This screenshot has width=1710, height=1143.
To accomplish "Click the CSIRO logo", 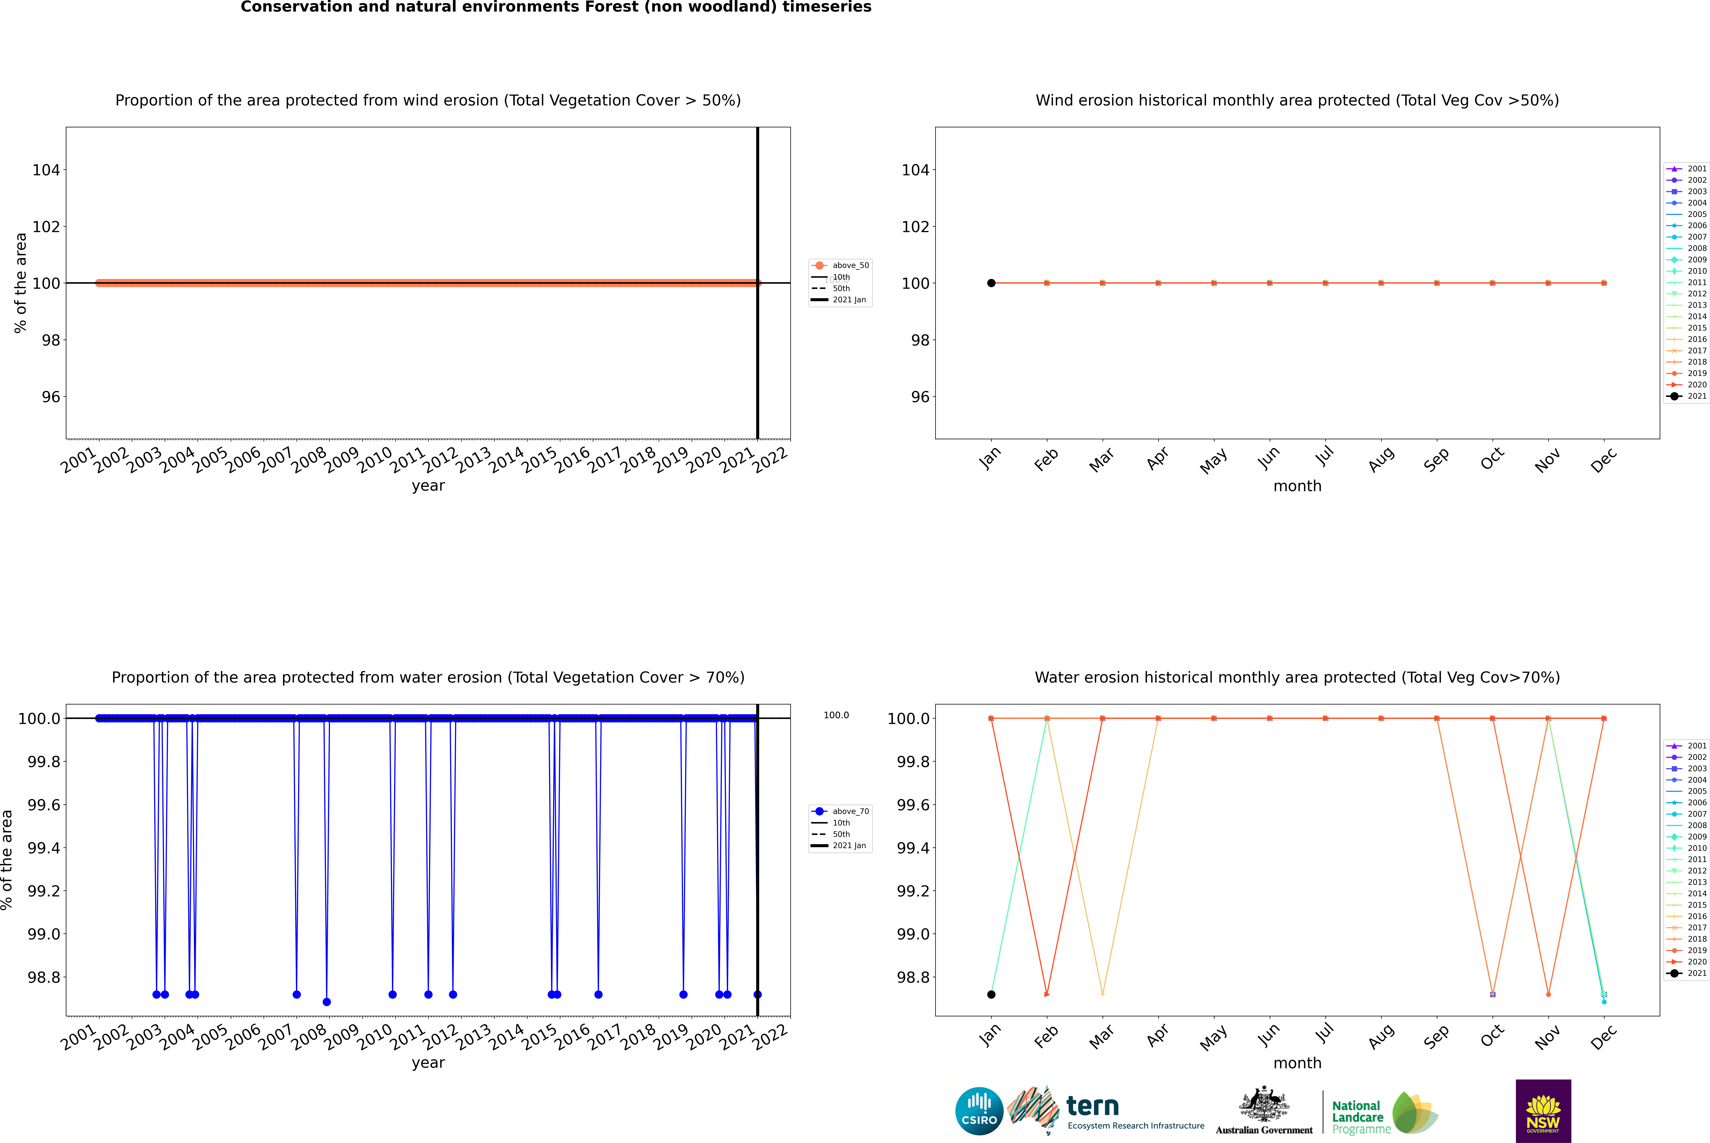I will point(979,1111).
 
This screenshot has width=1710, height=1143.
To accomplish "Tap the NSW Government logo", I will point(1543,1111).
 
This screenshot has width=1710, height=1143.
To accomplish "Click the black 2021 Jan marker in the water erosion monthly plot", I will point(991,994).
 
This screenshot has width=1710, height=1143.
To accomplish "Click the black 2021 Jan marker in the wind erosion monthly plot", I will point(991,283).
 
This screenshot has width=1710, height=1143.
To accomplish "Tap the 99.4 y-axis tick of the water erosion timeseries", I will point(44,848).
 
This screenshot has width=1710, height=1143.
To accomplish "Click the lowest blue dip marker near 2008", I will point(327,1002).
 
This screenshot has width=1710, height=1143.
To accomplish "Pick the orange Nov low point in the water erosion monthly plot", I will point(1548,994).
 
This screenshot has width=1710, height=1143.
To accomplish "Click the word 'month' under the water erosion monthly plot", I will point(1297,1063).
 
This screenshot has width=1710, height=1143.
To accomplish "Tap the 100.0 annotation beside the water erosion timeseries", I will point(836,715).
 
